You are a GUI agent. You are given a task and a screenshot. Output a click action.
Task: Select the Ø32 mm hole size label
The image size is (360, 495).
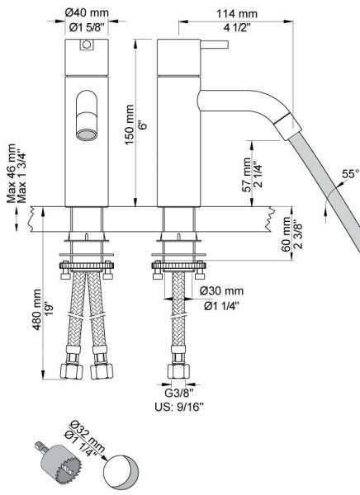click(x=80, y=431)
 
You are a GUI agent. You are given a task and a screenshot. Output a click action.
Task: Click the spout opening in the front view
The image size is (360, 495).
click(x=84, y=131)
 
